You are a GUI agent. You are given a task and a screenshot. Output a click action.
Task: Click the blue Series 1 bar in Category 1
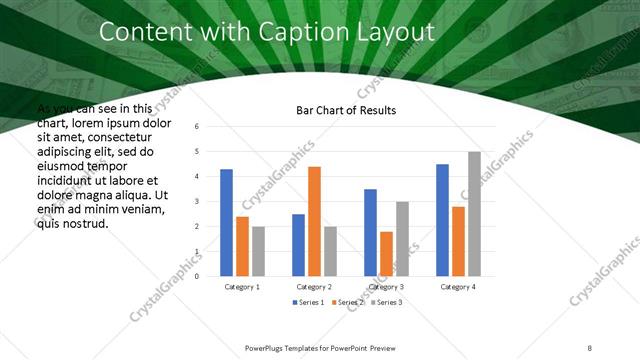tap(226, 222)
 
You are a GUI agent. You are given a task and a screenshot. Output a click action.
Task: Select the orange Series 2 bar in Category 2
tap(314, 220)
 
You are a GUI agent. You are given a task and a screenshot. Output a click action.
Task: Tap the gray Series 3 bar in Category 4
tap(474, 213)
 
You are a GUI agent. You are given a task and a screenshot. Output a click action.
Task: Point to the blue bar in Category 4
tap(442, 220)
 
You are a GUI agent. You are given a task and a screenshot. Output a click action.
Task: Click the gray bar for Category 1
tap(258, 250)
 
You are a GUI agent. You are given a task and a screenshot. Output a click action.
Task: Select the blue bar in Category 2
tap(298, 244)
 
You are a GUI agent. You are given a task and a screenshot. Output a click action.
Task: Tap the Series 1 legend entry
tap(308, 302)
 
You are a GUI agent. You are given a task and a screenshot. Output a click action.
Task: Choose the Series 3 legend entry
tap(385, 302)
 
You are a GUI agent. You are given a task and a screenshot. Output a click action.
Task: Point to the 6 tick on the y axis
tap(197, 127)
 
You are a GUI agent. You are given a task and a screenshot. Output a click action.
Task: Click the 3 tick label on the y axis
tap(197, 201)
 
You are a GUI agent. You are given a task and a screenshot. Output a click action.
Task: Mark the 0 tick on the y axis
tap(197, 276)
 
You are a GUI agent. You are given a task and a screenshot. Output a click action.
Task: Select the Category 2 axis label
tap(314, 287)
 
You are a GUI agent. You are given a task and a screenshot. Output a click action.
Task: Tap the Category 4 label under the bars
tap(458, 287)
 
